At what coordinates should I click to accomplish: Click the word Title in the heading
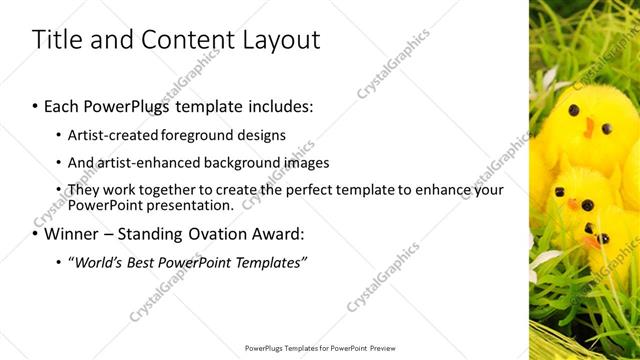[x=59, y=40]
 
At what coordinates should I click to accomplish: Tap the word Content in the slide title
[x=188, y=40]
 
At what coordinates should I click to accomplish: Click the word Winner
[x=73, y=234]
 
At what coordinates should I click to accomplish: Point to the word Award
[x=281, y=234]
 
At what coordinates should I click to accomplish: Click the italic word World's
[x=101, y=262]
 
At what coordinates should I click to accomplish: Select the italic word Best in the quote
[x=148, y=262]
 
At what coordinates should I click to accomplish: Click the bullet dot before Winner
[x=35, y=235]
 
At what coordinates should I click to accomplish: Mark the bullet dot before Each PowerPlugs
[x=35, y=105]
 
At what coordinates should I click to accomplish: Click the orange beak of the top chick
[x=590, y=127]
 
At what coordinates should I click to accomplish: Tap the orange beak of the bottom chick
[x=598, y=241]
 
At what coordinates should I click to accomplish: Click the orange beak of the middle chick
[x=573, y=204]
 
